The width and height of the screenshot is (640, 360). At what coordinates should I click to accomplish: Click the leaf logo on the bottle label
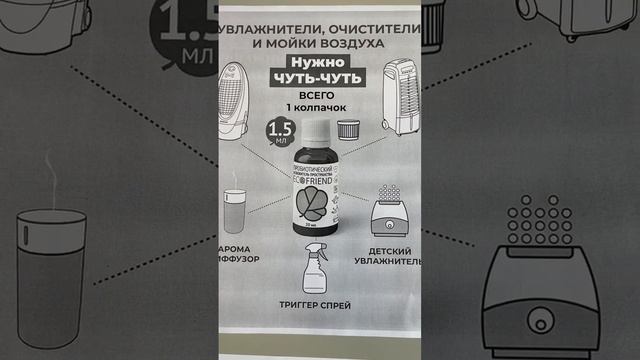313,204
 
